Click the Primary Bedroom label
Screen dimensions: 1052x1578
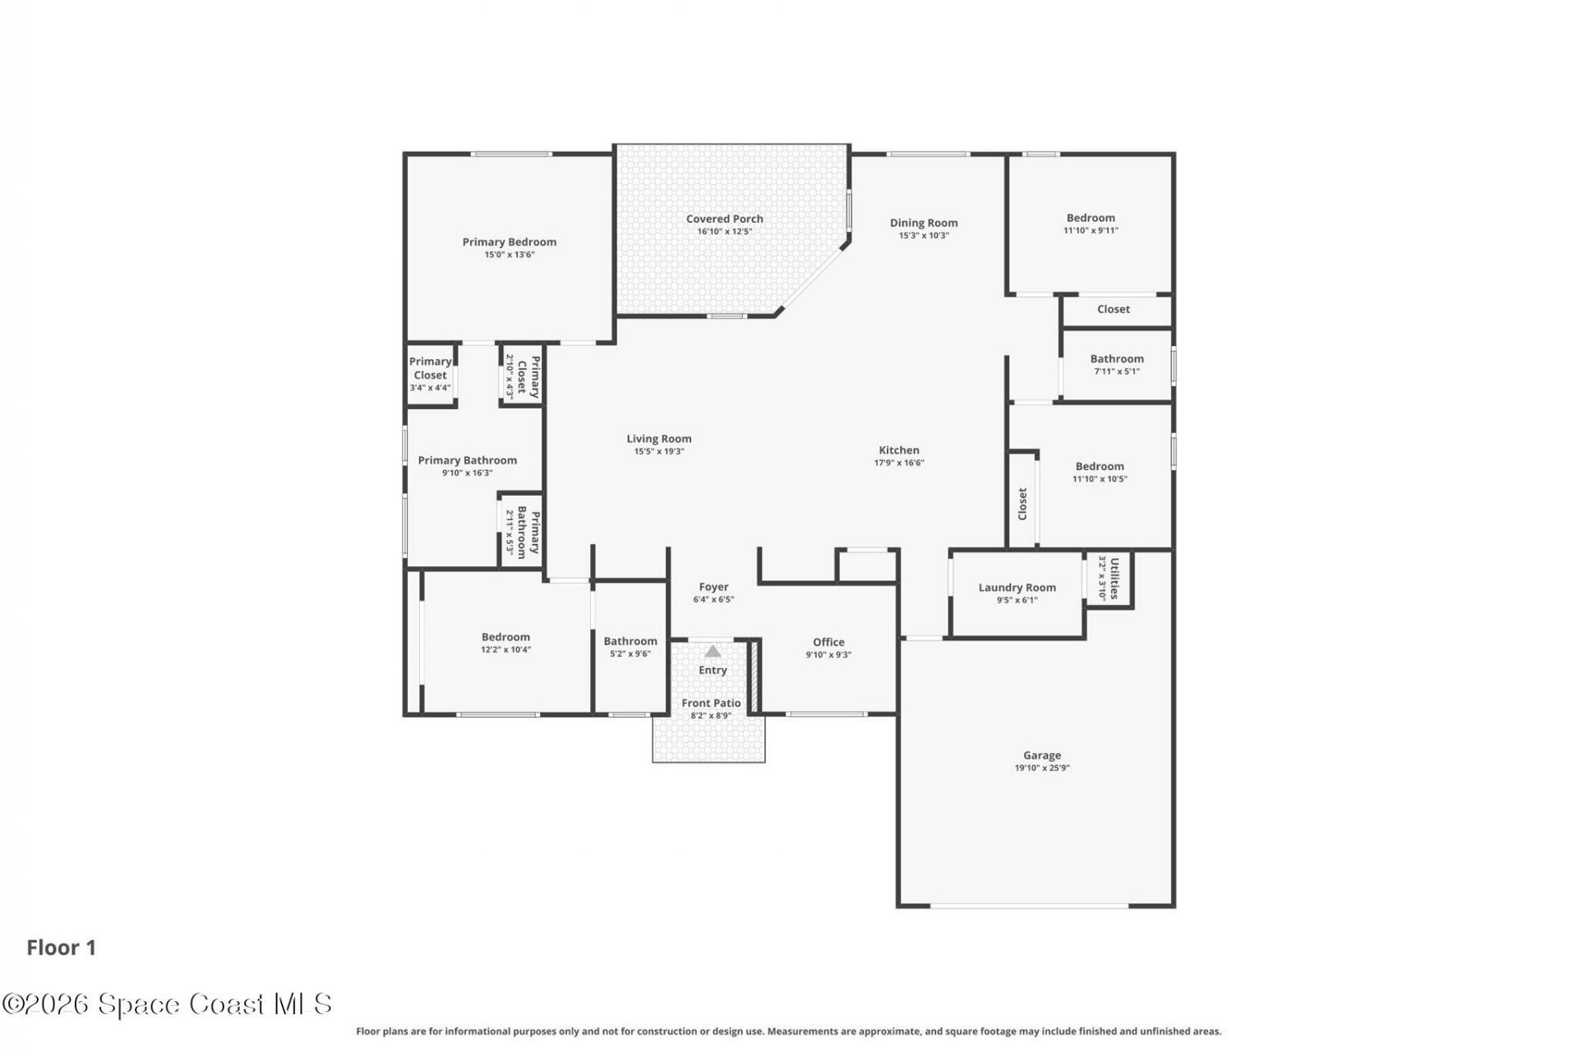[509, 242]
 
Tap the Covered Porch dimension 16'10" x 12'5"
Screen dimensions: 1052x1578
[724, 232]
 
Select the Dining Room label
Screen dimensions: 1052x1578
[923, 223]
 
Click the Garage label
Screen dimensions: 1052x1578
[1041, 755]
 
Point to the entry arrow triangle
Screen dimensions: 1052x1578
[713, 652]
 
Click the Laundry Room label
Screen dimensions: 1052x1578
[1017, 588]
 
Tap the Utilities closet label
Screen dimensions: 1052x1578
[1114, 578]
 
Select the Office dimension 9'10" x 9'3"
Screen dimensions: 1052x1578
[828, 655]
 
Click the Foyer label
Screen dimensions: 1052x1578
[713, 587]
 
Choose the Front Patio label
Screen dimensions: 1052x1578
[711, 704]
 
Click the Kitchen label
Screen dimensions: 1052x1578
[899, 450]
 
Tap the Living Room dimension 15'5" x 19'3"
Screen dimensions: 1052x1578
[658, 451]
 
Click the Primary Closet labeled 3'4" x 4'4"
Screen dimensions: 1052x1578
[430, 374]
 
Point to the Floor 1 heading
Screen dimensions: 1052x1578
[62, 948]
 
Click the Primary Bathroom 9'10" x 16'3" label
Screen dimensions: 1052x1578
[467, 461]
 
